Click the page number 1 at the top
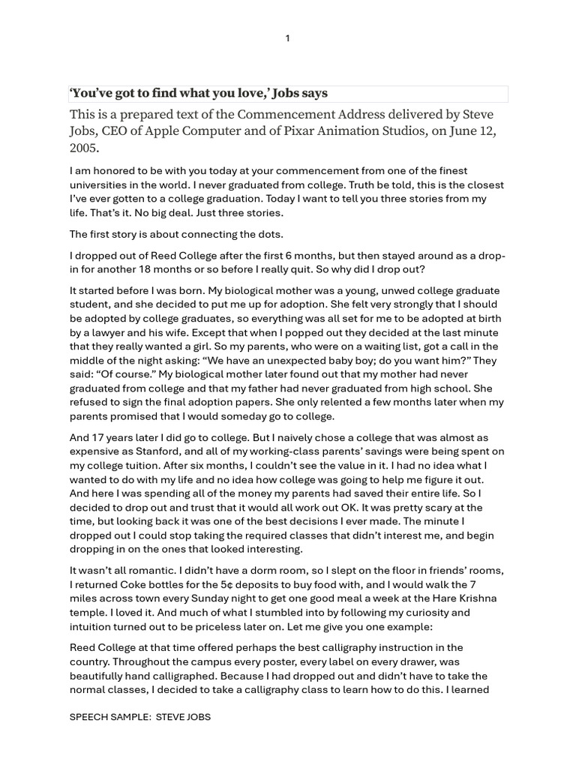coord(287,39)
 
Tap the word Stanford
coord(162,451)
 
